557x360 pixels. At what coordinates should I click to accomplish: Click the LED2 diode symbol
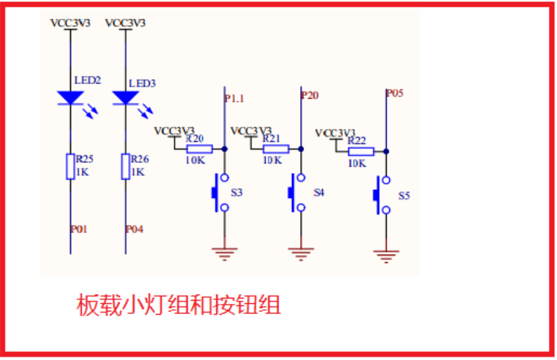coord(70,98)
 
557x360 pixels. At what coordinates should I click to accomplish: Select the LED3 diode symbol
coord(125,98)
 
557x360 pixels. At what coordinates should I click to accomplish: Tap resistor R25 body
coord(70,167)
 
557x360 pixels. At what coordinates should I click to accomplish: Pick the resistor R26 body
coord(125,167)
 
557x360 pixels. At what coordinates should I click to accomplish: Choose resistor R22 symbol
coord(361,151)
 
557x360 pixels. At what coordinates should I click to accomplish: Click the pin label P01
coord(80,229)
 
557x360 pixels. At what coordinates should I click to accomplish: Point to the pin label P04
coord(135,229)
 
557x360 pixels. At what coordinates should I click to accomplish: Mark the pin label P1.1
coord(235,99)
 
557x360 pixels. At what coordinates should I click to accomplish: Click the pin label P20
coord(310,95)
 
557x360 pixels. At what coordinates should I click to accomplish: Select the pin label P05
coord(394,93)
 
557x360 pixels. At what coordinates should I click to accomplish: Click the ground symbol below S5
coord(385,256)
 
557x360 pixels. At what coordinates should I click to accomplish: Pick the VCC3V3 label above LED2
coord(70,23)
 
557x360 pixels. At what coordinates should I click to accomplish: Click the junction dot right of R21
coord(301,149)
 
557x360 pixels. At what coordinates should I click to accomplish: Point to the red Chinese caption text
coord(178,306)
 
